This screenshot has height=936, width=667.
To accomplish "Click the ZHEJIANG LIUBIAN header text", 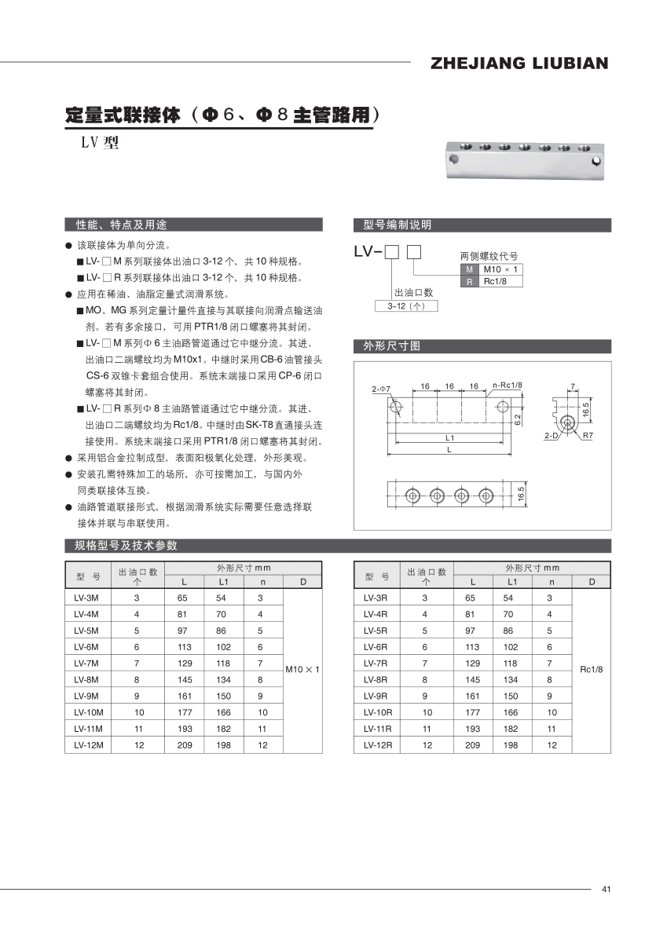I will pos(519,64).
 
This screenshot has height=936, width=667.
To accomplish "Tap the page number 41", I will pos(606,889).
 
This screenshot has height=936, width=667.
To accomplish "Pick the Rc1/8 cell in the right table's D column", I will pos(591,669).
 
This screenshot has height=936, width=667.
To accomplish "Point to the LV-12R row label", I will pos(378,745).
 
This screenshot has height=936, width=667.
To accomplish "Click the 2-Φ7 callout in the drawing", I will pos(381,389).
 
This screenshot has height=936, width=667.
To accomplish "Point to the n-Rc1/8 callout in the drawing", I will pos(507,385).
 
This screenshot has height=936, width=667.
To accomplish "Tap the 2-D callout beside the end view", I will pos(551,434).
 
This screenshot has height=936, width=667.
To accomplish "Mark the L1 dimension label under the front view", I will pos(450,437).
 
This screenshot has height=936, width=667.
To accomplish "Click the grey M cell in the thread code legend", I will pos(469,269).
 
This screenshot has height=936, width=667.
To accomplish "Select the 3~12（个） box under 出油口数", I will pos(405,305).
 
